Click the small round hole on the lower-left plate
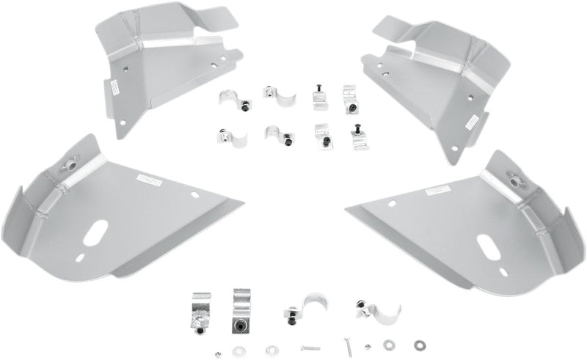click(x=194, y=196)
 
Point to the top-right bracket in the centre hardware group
click(x=348, y=98)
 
